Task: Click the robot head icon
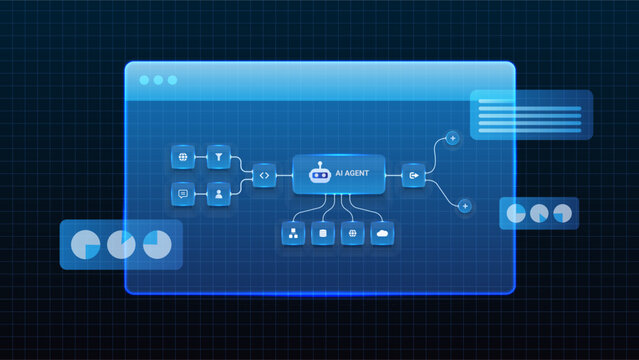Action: (x=319, y=174)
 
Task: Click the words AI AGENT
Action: (x=351, y=174)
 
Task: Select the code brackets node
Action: (x=263, y=175)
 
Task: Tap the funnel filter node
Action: (x=218, y=157)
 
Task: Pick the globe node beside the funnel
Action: (x=183, y=157)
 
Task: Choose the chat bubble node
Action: (x=183, y=194)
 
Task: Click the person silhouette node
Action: (x=218, y=194)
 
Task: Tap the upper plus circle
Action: (x=452, y=137)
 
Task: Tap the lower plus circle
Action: (x=464, y=206)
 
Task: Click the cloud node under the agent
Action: (x=382, y=234)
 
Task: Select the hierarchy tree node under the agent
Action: (x=293, y=234)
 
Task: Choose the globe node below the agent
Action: (x=352, y=234)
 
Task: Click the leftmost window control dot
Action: (x=144, y=80)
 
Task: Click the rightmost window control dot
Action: (x=172, y=80)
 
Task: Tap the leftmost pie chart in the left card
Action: (x=87, y=244)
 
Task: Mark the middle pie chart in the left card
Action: (x=122, y=244)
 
